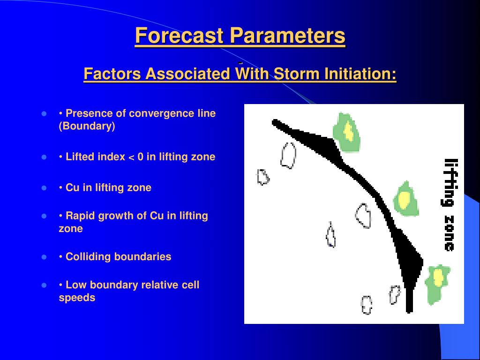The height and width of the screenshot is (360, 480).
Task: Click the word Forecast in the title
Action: (x=179, y=36)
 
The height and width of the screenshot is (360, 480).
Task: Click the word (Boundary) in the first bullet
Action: (x=87, y=126)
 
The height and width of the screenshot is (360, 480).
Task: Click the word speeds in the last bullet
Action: (x=77, y=298)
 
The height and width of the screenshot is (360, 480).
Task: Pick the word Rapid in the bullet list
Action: (x=80, y=216)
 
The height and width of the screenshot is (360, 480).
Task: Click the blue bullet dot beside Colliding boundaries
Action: (x=44, y=257)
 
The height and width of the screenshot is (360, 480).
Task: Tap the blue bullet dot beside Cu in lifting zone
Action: (x=44, y=187)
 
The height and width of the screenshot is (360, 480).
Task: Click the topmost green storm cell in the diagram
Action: (x=346, y=133)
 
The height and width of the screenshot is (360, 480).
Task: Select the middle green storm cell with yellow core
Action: (x=405, y=198)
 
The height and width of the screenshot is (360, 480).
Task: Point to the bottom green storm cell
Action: (x=437, y=285)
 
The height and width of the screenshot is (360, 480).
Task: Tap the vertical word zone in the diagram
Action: (x=449, y=233)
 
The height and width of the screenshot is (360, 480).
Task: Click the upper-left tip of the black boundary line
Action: (x=273, y=122)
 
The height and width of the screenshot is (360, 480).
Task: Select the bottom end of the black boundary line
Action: (x=409, y=312)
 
